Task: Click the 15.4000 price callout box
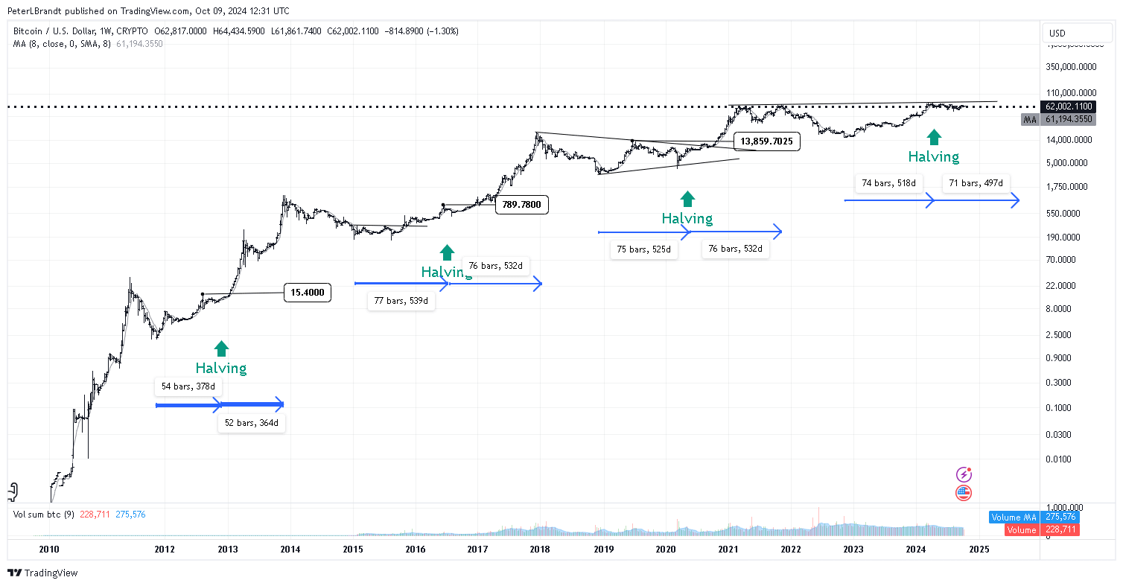[x=307, y=293]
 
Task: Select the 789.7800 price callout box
[x=521, y=205]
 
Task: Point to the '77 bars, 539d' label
[x=401, y=302]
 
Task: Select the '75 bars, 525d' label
[x=644, y=250]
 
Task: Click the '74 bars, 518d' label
[x=888, y=182]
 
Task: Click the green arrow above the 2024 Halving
[x=933, y=136]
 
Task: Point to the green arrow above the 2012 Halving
[x=221, y=348]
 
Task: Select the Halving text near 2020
[x=687, y=219]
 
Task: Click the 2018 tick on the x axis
[x=540, y=550]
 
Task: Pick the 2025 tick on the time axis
[x=979, y=550]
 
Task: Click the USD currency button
[x=1057, y=33]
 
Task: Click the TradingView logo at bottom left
[x=42, y=573]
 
